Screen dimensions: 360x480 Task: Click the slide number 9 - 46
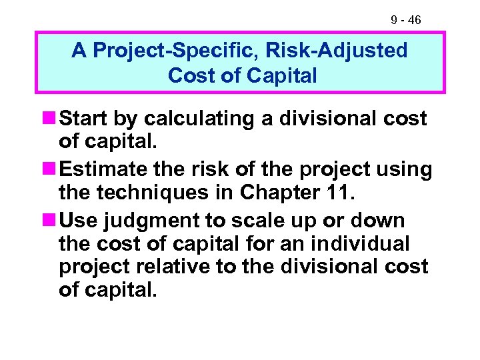pyautogui.click(x=405, y=21)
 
